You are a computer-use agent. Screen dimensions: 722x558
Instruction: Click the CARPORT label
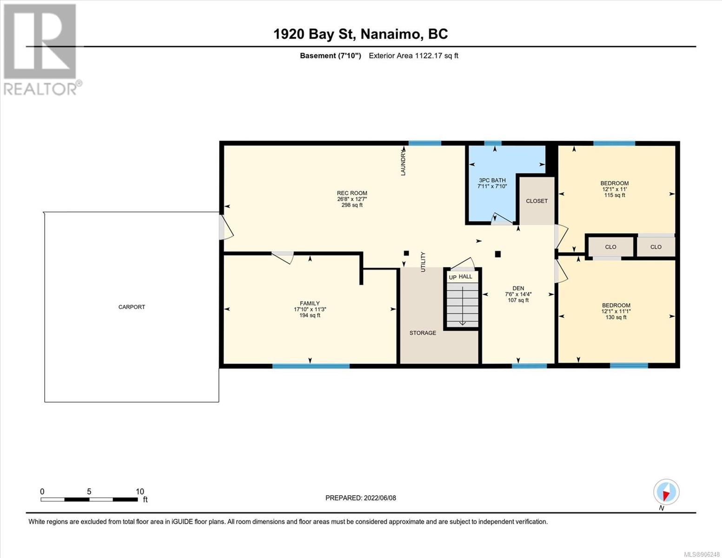click(x=132, y=307)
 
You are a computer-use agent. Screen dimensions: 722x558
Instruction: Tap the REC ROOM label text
click(x=352, y=193)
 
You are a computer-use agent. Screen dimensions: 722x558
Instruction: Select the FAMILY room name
click(x=310, y=304)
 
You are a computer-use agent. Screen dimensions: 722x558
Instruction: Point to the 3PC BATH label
click(x=492, y=180)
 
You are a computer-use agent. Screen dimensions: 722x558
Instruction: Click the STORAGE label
click(x=423, y=333)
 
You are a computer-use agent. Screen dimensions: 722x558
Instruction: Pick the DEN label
click(x=518, y=288)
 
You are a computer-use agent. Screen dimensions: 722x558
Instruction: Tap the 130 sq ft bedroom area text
click(x=616, y=318)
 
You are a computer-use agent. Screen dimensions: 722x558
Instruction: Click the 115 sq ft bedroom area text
click(x=615, y=195)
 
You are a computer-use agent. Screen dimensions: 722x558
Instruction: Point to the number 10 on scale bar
click(x=140, y=492)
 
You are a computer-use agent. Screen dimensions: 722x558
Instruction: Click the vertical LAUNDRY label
click(x=403, y=162)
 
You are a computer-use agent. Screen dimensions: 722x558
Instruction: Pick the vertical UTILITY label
click(x=423, y=262)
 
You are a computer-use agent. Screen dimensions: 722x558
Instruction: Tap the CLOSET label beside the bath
click(x=537, y=201)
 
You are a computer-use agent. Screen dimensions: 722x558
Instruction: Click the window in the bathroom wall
click(x=493, y=143)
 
